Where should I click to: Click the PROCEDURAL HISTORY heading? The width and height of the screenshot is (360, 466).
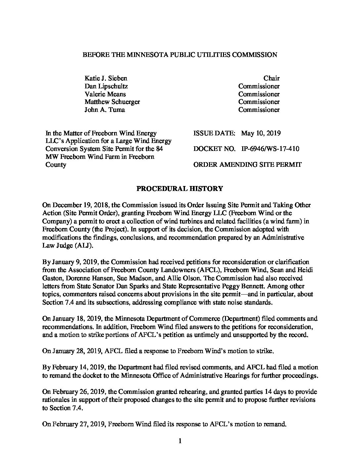pyautogui.click(x=180, y=189)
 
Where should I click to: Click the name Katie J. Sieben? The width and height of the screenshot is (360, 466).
pyautogui.click(x=106, y=78)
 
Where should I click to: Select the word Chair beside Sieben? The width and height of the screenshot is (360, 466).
pyautogui.click(x=271, y=78)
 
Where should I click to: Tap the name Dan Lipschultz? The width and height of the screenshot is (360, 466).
pyautogui.click(x=106, y=86)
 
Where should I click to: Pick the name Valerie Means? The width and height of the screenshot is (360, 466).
pyautogui.click(x=105, y=94)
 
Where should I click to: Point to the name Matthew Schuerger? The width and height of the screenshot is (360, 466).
pyautogui.click(x=112, y=102)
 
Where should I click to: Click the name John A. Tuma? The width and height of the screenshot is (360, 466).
pyautogui.click(x=105, y=110)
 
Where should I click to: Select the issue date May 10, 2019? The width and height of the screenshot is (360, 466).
pyautogui.click(x=261, y=133)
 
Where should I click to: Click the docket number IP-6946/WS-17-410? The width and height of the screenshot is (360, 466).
pyautogui.click(x=270, y=149)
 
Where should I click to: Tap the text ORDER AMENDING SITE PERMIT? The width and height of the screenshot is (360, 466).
pyautogui.click(x=247, y=164)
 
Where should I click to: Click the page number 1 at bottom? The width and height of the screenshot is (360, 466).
pyautogui.click(x=180, y=441)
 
